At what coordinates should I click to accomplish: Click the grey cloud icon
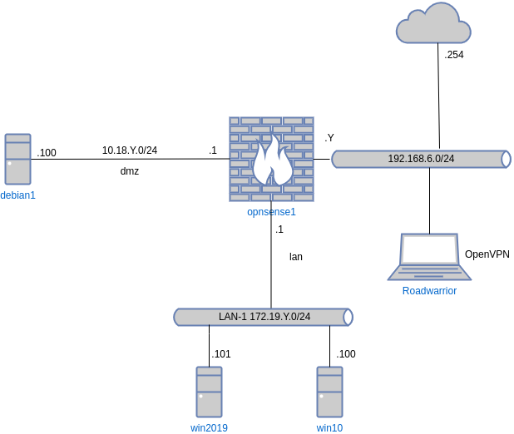433,25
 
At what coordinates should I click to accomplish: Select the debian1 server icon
17,159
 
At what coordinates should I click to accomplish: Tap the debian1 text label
17,195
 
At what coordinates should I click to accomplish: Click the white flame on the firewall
272,162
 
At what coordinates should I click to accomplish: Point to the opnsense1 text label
271,212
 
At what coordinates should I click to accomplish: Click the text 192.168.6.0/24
421,159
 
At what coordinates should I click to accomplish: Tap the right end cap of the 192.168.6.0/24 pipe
506,159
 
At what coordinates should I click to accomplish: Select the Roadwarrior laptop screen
429,249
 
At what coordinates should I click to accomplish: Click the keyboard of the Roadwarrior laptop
429,272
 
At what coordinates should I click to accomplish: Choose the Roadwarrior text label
429,291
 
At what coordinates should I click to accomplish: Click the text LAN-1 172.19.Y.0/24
264,317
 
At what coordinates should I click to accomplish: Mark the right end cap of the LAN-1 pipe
348,317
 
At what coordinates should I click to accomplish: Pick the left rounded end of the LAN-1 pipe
178,317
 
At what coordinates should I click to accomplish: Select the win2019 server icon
209,392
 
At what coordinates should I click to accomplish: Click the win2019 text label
209,428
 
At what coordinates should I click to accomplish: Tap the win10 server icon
329,392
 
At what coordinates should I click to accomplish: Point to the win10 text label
329,428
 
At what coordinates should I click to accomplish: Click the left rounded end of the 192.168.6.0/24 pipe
336,159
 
